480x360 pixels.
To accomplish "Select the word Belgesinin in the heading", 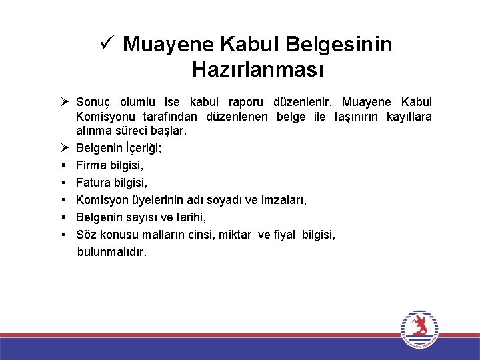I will [x=339, y=45].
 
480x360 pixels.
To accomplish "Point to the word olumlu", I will [x=137, y=102].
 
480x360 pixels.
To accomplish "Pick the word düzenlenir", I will [x=303, y=102].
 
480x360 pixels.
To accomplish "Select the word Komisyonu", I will [x=102, y=117].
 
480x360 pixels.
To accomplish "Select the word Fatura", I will [x=93, y=182].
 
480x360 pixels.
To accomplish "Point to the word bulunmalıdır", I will [x=112, y=252].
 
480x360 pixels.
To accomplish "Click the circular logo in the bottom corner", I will [x=419, y=329].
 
